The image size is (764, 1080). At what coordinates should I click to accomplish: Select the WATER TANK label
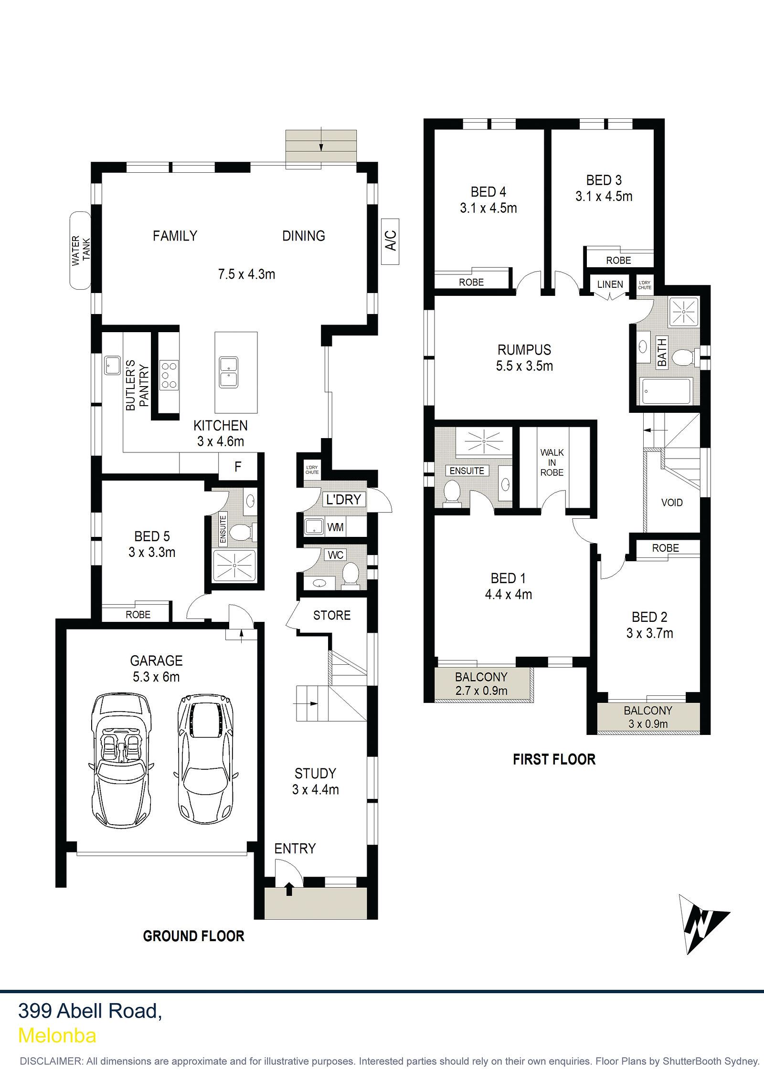pyautogui.click(x=81, y=250)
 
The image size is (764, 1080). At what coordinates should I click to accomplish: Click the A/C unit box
pyautogui.click(x=390, y=241)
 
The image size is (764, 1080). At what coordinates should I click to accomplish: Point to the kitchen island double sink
pyautogui.click(x=229, y=372)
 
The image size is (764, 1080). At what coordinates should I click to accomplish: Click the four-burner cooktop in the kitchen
pyautogui.click(x=169, y=375)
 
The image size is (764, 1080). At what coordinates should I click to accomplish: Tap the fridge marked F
pyautogui.click(x=238, y=466)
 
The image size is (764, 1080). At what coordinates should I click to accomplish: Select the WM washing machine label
pyautogui.click(x=335, y=527)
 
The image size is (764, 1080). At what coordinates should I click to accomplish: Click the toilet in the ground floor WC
pyautogui.click(x=350, y=573)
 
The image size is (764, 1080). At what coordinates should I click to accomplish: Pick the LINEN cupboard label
pyautogui.click(x=610, y=284)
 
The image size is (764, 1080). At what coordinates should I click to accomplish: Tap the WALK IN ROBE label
pyautogui.click(x=552, y=462)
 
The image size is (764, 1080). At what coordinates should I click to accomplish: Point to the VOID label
pyautogui.click(x=672, y=503)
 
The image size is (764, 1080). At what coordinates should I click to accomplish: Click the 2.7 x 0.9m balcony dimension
pyautogui.click(x=481, y=691)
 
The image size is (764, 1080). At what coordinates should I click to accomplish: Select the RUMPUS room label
pyautogui.click(x=524, y=350)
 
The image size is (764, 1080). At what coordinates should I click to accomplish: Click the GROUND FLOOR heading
pyautogui.click(x=194, y=936)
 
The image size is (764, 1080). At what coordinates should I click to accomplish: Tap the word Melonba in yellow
pyautogui.click(x=57, y=1036)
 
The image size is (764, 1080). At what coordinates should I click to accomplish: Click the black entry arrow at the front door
pyautogui.click(x=289, y=889)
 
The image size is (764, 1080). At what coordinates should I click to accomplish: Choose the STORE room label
pyautogui.click(x=332, y=615)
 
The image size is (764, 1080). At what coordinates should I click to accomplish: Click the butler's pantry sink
pyautogui.click(x=113, y=365)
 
